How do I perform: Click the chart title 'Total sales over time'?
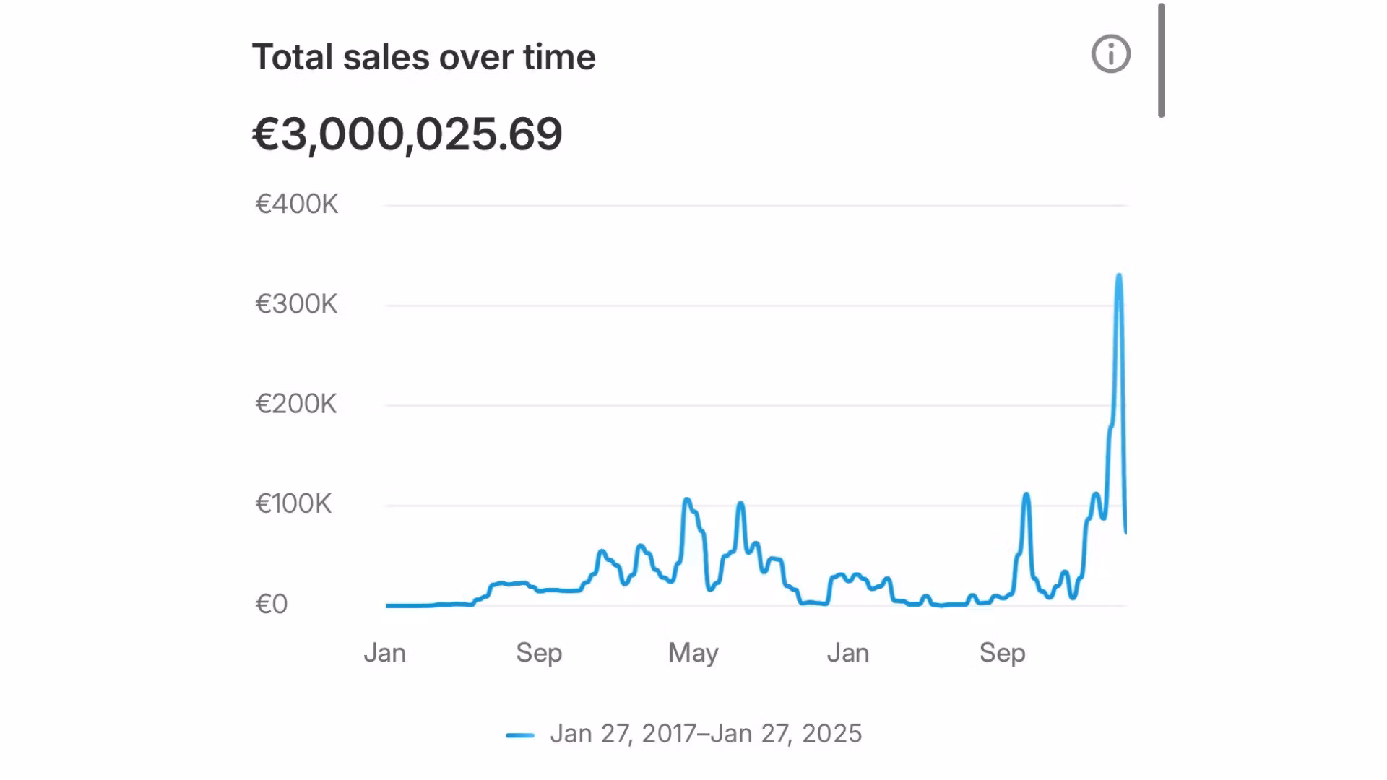pos(423,57)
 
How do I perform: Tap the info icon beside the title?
pos(1110,54)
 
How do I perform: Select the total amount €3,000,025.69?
pos(407,134)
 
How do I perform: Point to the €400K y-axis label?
pos(297,204)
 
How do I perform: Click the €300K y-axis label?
pos(296,304)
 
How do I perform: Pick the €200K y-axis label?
pos(296,404)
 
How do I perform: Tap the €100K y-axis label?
pos(293,503)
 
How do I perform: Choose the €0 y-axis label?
pos(272,604)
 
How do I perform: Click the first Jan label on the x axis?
pos(384,653)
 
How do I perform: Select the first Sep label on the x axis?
pos(539,653)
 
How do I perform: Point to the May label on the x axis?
pos(693,653)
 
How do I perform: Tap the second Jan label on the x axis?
pos(848,653)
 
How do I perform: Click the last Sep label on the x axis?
pos(1003,653)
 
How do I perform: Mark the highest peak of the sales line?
pos(1119,275)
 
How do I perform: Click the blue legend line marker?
pos(520,735)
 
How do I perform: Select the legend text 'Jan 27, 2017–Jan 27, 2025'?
pos(706,734)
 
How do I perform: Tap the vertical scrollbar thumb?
pos(1161,61)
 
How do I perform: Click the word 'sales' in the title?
pos(386,57)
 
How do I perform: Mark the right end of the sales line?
pos(1125,532)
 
